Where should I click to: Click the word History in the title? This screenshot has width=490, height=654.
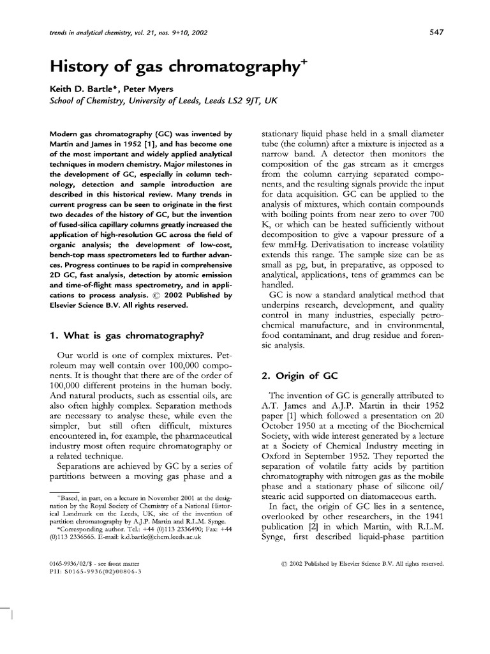pos(78,65)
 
